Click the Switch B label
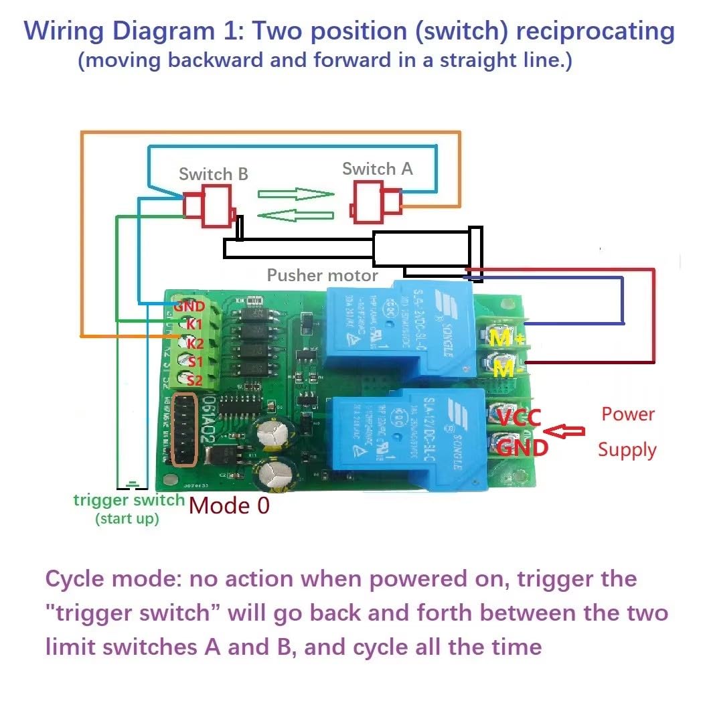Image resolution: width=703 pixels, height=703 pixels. [213, 174]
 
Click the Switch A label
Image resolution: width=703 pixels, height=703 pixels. [377, 169]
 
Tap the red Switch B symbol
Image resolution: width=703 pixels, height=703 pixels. [209, 206]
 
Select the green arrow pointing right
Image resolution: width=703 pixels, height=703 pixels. [296, 194]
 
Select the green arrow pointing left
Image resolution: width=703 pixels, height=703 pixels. [295, 216]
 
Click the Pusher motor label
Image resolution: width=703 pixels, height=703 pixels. [322, 275]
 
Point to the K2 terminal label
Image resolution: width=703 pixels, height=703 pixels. [195, 343]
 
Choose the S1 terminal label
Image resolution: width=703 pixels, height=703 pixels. [195, 362]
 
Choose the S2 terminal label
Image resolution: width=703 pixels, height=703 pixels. [195, 380]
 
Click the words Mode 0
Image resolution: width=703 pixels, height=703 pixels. [229, 505]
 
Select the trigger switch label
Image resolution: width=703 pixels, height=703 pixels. [129, 500]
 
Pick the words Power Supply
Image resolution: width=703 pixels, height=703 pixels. [627, 432]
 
